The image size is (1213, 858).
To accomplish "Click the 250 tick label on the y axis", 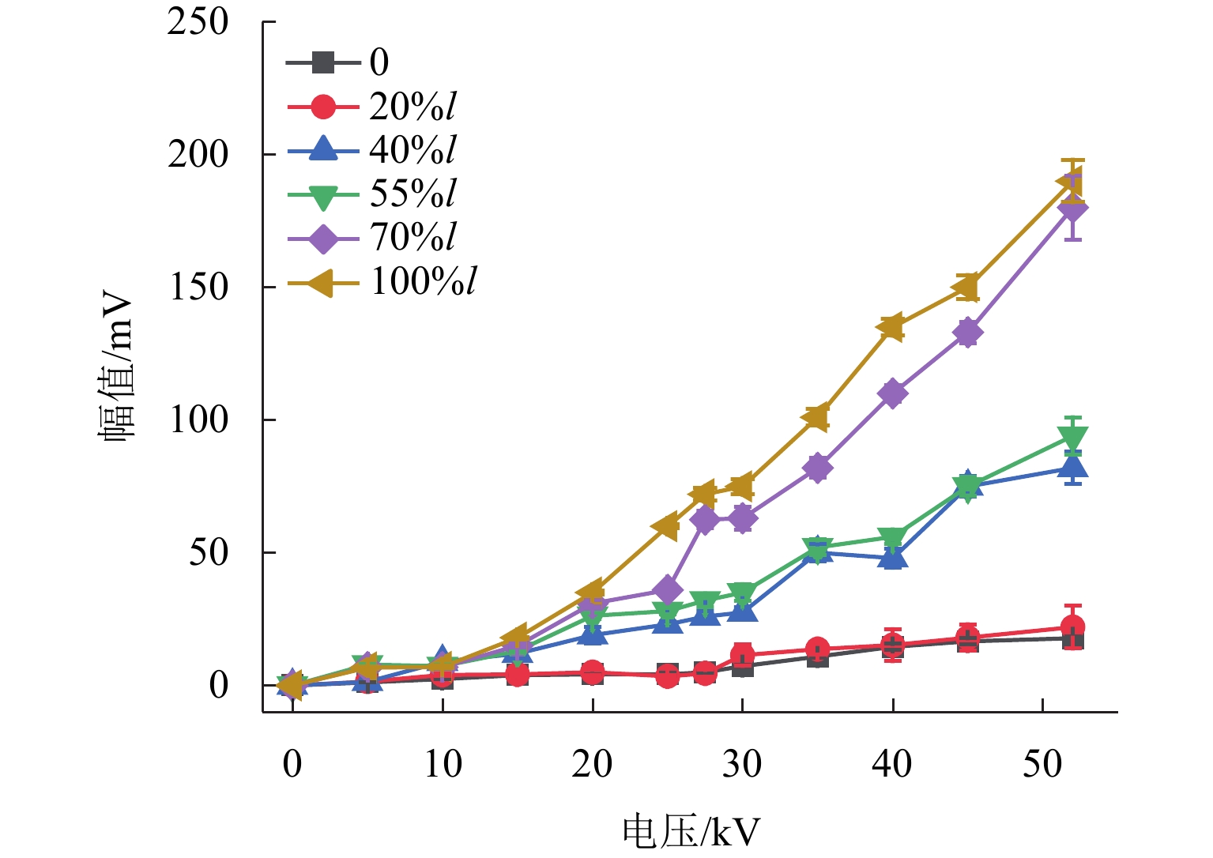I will [198, 22].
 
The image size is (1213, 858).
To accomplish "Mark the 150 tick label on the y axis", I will [198, 288].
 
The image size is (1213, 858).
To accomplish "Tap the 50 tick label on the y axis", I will [208, 553].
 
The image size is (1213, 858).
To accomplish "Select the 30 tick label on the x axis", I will [742, 764].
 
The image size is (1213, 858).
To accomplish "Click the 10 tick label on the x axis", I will [442, 764].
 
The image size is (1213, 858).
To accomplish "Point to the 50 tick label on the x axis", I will [1042, 764].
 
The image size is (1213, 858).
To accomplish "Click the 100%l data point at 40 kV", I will [892, 327].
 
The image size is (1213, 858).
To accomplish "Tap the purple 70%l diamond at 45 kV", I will [967, 333].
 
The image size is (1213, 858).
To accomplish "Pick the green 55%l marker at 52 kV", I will [1072, 437].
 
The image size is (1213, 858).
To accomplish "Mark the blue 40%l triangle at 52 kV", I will [1072, 466].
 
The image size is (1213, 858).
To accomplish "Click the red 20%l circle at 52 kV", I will [1072, 627].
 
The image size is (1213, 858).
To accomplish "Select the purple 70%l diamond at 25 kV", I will [667, 589].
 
